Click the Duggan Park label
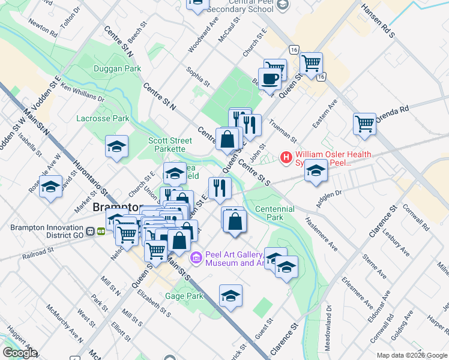click(117, 69)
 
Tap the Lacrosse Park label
click(103, 118)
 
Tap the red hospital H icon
click(286, 158)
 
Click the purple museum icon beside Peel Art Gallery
click(196, 258)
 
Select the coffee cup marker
click(270, 79)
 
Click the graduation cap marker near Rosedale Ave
click(51, 186)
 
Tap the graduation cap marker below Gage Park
click(231, 296)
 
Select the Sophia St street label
click(197, 76)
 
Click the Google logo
click(19, 353)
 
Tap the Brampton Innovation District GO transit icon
click(96, 230)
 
